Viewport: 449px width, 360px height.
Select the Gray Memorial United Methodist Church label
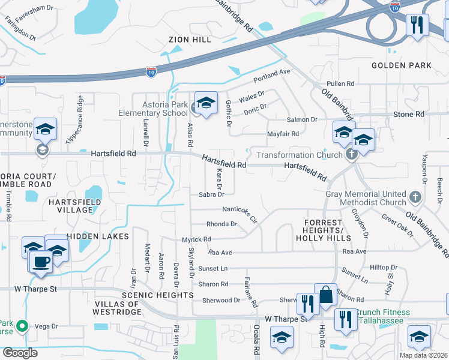366,199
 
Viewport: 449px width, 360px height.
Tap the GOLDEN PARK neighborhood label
402,65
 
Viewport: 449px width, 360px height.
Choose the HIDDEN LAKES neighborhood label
98,236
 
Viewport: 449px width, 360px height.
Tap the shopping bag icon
325,295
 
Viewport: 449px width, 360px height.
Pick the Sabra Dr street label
211,194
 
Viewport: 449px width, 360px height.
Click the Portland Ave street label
271,75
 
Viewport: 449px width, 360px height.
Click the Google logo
20,353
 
